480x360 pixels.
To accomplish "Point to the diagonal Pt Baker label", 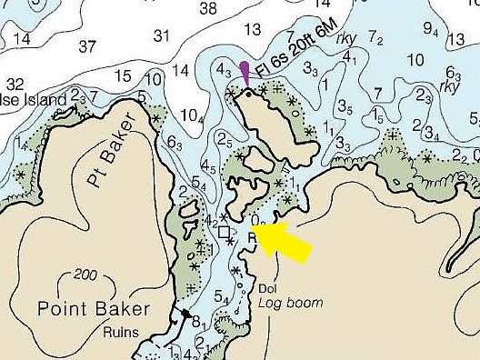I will [110, 150].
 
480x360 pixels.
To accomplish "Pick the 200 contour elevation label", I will [85, 275].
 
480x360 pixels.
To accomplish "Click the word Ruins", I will [122, 332].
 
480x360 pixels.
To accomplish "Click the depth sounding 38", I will [208, 9].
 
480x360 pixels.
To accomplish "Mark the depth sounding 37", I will [88, 46].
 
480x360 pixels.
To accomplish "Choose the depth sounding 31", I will [162, 35].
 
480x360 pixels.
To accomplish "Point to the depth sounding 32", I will [15, 84].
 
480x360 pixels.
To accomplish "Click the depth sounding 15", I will [125, 75].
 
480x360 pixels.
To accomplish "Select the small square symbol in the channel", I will [225, 232].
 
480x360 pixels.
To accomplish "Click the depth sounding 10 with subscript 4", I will [191, 115].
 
